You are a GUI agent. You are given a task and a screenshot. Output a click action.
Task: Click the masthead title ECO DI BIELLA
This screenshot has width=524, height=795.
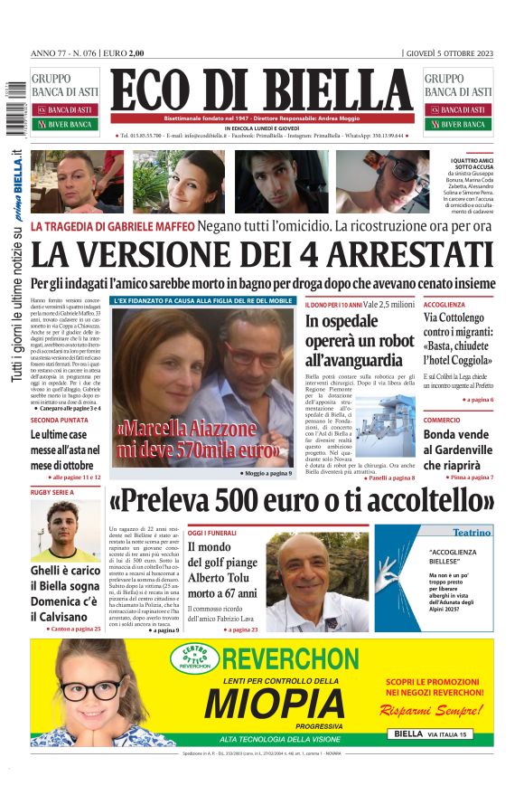pyautogui.click(x=262, y=92)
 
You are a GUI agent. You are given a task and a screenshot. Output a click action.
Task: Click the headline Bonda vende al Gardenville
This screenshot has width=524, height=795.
pyautogui.click(x=457, y=450)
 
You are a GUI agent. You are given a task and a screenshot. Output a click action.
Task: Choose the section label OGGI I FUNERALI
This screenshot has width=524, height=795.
pyautogui.click(x=214, y=533)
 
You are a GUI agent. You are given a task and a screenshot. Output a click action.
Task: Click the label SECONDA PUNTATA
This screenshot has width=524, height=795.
pyautogui.click(x=60, y=420)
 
